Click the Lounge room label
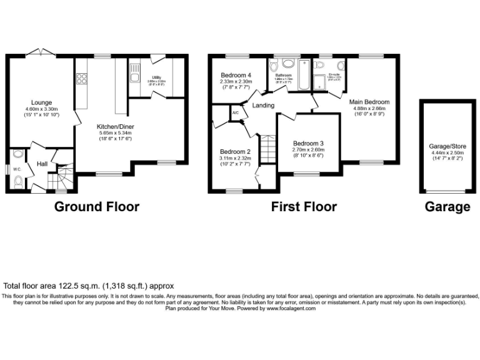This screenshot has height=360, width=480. (x=42, y=102)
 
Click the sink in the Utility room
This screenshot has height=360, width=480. (x=134, y=79)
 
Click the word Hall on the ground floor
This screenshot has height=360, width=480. (x=42, y=164)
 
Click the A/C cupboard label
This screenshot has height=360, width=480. (x=236, y=113)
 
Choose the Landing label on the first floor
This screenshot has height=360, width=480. (x=263, y=106)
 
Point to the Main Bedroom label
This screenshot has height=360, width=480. (x=369, y=102)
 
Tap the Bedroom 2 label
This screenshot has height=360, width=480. (x=235, y=152)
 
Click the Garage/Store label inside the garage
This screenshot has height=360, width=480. (x=447, y=146)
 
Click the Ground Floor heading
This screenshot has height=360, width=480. (x=97, y=207)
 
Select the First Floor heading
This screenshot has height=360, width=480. (x=304, y=207)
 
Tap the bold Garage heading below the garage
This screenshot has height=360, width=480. (x=447, y=207)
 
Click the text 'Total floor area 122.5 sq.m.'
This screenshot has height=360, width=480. (x=56, y=285)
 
